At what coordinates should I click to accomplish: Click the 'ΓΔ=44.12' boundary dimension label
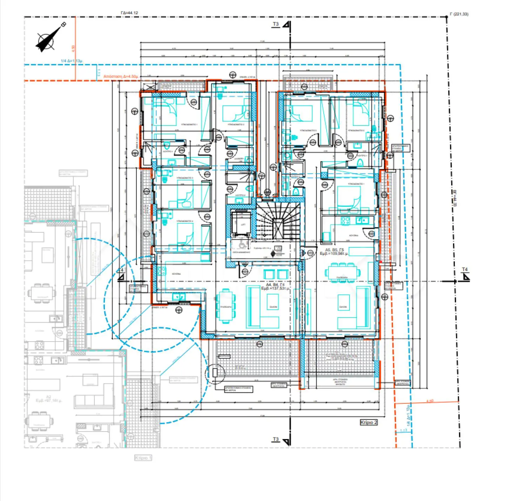point(129,13)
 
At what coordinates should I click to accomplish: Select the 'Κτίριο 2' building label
point(369,422)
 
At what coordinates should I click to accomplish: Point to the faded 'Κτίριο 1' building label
point(143,458)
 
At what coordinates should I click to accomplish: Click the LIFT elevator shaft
point(241,223)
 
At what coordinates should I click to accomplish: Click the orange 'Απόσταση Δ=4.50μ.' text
point(121,76)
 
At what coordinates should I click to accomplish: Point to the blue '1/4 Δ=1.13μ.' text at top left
point(72,61)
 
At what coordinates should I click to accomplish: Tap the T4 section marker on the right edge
point(465,275)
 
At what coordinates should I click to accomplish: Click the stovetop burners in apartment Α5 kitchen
point(345,221)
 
